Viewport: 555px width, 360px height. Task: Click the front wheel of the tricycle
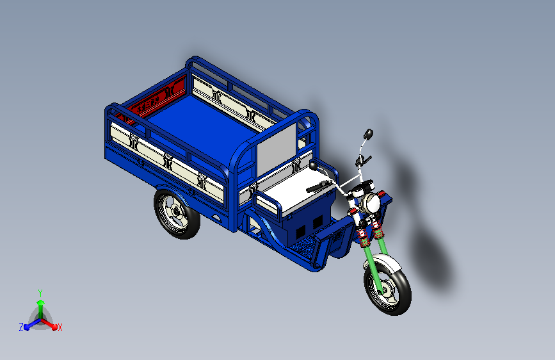pos(387,284)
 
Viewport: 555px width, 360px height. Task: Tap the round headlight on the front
pos(370,204)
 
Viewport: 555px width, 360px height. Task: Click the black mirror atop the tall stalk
pos(368,134)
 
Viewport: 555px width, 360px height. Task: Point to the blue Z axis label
pos(20,327)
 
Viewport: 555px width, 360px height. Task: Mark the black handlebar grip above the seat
pos(319,187)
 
